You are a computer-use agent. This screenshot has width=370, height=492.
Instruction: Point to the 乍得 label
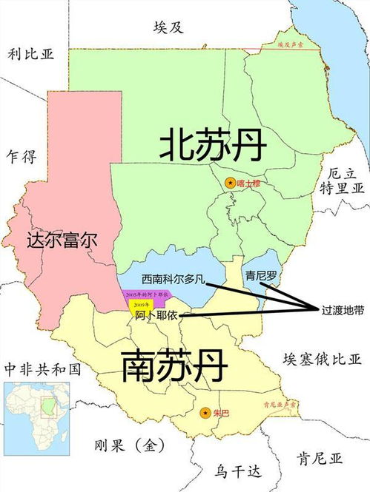[20, 156]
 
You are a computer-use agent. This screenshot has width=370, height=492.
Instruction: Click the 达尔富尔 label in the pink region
[62, 240]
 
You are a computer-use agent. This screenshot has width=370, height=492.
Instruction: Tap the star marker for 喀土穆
[230, 182]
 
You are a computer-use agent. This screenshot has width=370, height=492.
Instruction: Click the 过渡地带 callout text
[342, 310]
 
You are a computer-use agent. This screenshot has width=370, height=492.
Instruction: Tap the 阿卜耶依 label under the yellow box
[157, 315]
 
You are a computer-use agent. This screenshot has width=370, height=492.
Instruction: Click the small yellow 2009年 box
[139, 304]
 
